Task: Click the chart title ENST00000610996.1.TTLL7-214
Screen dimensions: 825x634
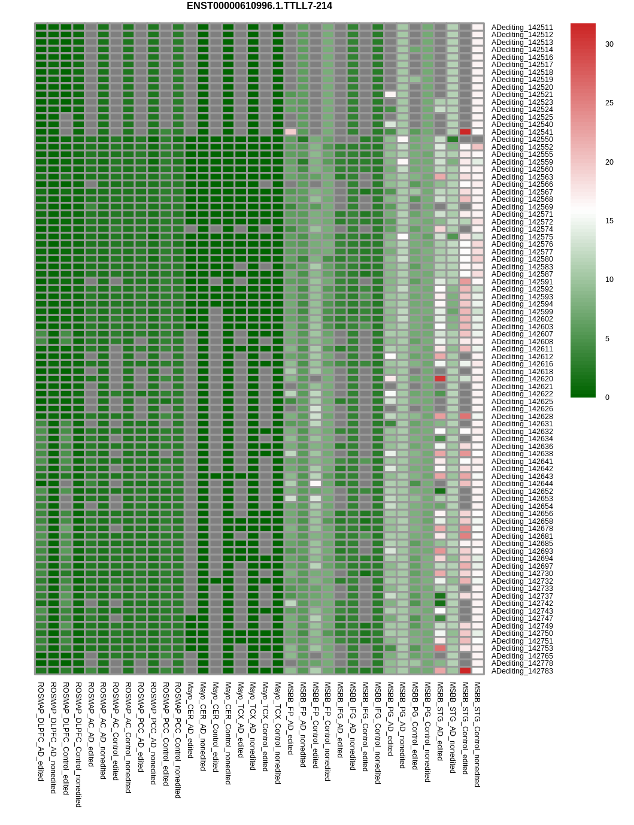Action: (259, 6)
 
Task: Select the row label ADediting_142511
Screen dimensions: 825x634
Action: (522, 28)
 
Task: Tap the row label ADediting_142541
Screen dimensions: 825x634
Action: (522, 132)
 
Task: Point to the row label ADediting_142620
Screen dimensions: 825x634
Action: (522, 379)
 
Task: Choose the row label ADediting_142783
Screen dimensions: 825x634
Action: (522, 671)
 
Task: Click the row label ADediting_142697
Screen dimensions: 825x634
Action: (522, 566)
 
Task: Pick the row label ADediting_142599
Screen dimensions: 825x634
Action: (522, 312)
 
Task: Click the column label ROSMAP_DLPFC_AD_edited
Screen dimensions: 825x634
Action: (41, 731)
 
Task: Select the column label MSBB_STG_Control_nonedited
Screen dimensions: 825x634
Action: (477, 734)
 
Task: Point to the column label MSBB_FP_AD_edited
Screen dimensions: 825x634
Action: (290, 718)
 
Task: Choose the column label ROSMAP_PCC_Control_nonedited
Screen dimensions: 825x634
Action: (178, 740)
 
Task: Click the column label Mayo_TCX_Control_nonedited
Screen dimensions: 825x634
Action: (278, 733)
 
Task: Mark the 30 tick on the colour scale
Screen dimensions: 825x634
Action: (609, 44)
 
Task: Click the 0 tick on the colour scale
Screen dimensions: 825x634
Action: (607, 398)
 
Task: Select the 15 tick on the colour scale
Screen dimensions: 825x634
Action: (609, 221)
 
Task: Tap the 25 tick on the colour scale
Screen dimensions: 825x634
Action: (609, 103)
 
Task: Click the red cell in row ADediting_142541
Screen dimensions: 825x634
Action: (465, 132)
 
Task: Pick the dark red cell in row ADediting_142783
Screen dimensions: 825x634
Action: (465, 671)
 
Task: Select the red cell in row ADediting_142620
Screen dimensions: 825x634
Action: (440, 378)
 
